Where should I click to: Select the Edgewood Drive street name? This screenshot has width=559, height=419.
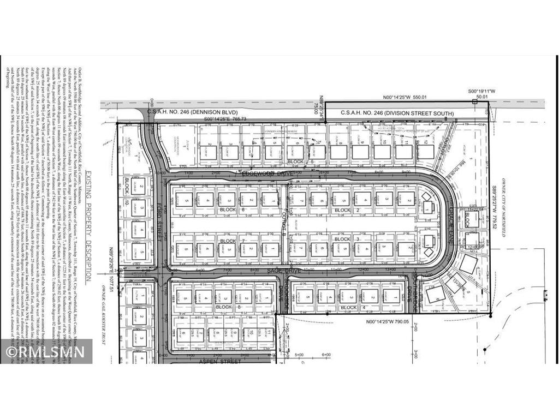click(266, 173)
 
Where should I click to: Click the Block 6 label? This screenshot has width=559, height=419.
click(228, 210)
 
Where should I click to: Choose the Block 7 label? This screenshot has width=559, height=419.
click(228, 241)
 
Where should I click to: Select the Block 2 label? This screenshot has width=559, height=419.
click(342, 210)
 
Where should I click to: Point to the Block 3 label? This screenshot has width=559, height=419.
click(342, 240)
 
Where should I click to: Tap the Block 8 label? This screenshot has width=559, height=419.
click(223, 308)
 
